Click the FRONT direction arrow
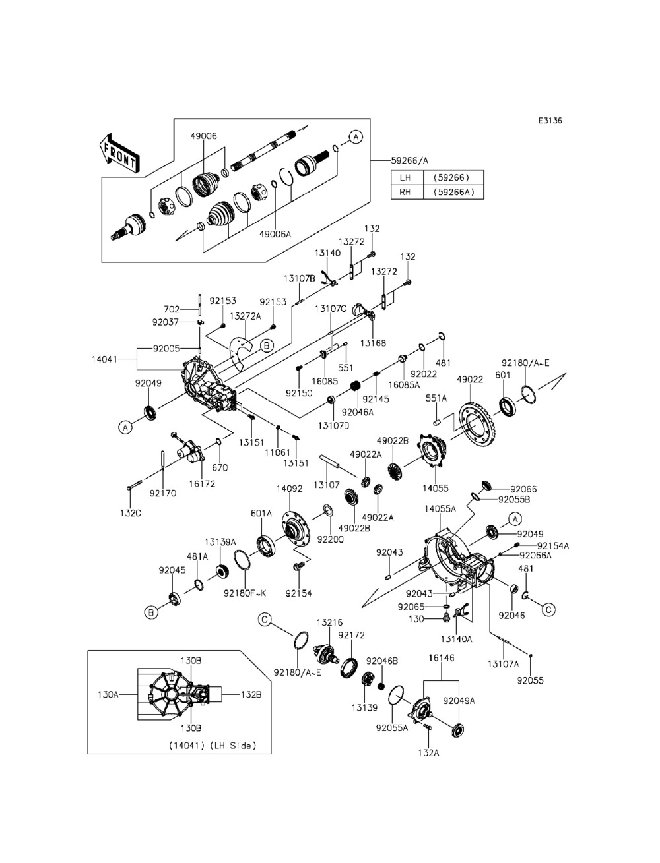[x=119, y=154]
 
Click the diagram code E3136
[x=550, y=121]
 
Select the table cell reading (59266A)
[x=453, y=192]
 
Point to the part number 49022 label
[x=470, y=379]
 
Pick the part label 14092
[x=289, y=489]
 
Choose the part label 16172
[x=202, y=484]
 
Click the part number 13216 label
[x=329, y=622]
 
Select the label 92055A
[x=392, y=728]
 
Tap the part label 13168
[x=373, y=343]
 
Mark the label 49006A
[x=275, y=234]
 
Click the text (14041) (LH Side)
[x=213, y=746]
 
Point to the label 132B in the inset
[x=251, y=695]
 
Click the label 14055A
[x=440, y=509]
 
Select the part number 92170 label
[x=162, y=493]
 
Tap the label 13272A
[x=245, y=316]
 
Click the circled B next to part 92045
[x=151, y=612]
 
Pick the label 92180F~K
[x=245, y=593]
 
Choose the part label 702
[x=172, y=309]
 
